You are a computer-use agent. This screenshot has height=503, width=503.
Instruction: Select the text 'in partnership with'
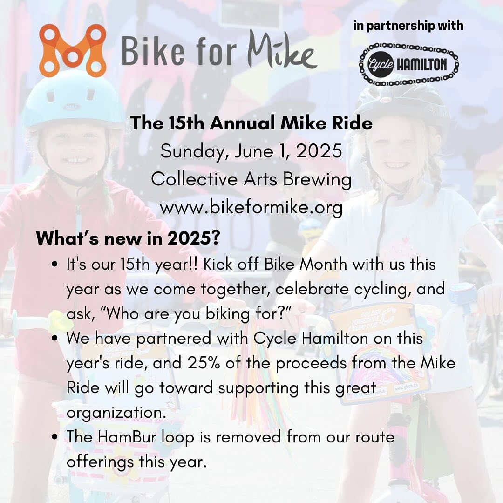click(x=408, y=25)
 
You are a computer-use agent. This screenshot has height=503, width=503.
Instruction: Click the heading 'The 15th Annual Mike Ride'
click(x=251, y=123)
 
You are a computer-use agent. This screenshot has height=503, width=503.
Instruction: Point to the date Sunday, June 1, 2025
click(x=251, y=151)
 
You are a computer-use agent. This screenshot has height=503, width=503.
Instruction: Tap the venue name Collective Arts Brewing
click(x=251, y=179)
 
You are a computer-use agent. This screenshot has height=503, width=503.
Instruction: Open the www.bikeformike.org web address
click(x=251, y=208)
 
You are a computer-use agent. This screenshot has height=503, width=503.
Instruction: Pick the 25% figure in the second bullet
click(x=204, y=363)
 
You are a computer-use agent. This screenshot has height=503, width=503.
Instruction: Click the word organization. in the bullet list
click(x=116, y=413)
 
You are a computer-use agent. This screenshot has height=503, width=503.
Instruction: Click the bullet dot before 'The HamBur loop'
click(x=55, y=437)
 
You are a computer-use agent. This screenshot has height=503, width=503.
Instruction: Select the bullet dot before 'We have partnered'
click(x=55, y=339)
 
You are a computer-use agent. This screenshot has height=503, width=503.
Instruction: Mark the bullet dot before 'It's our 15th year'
click(x=55, y=265)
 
